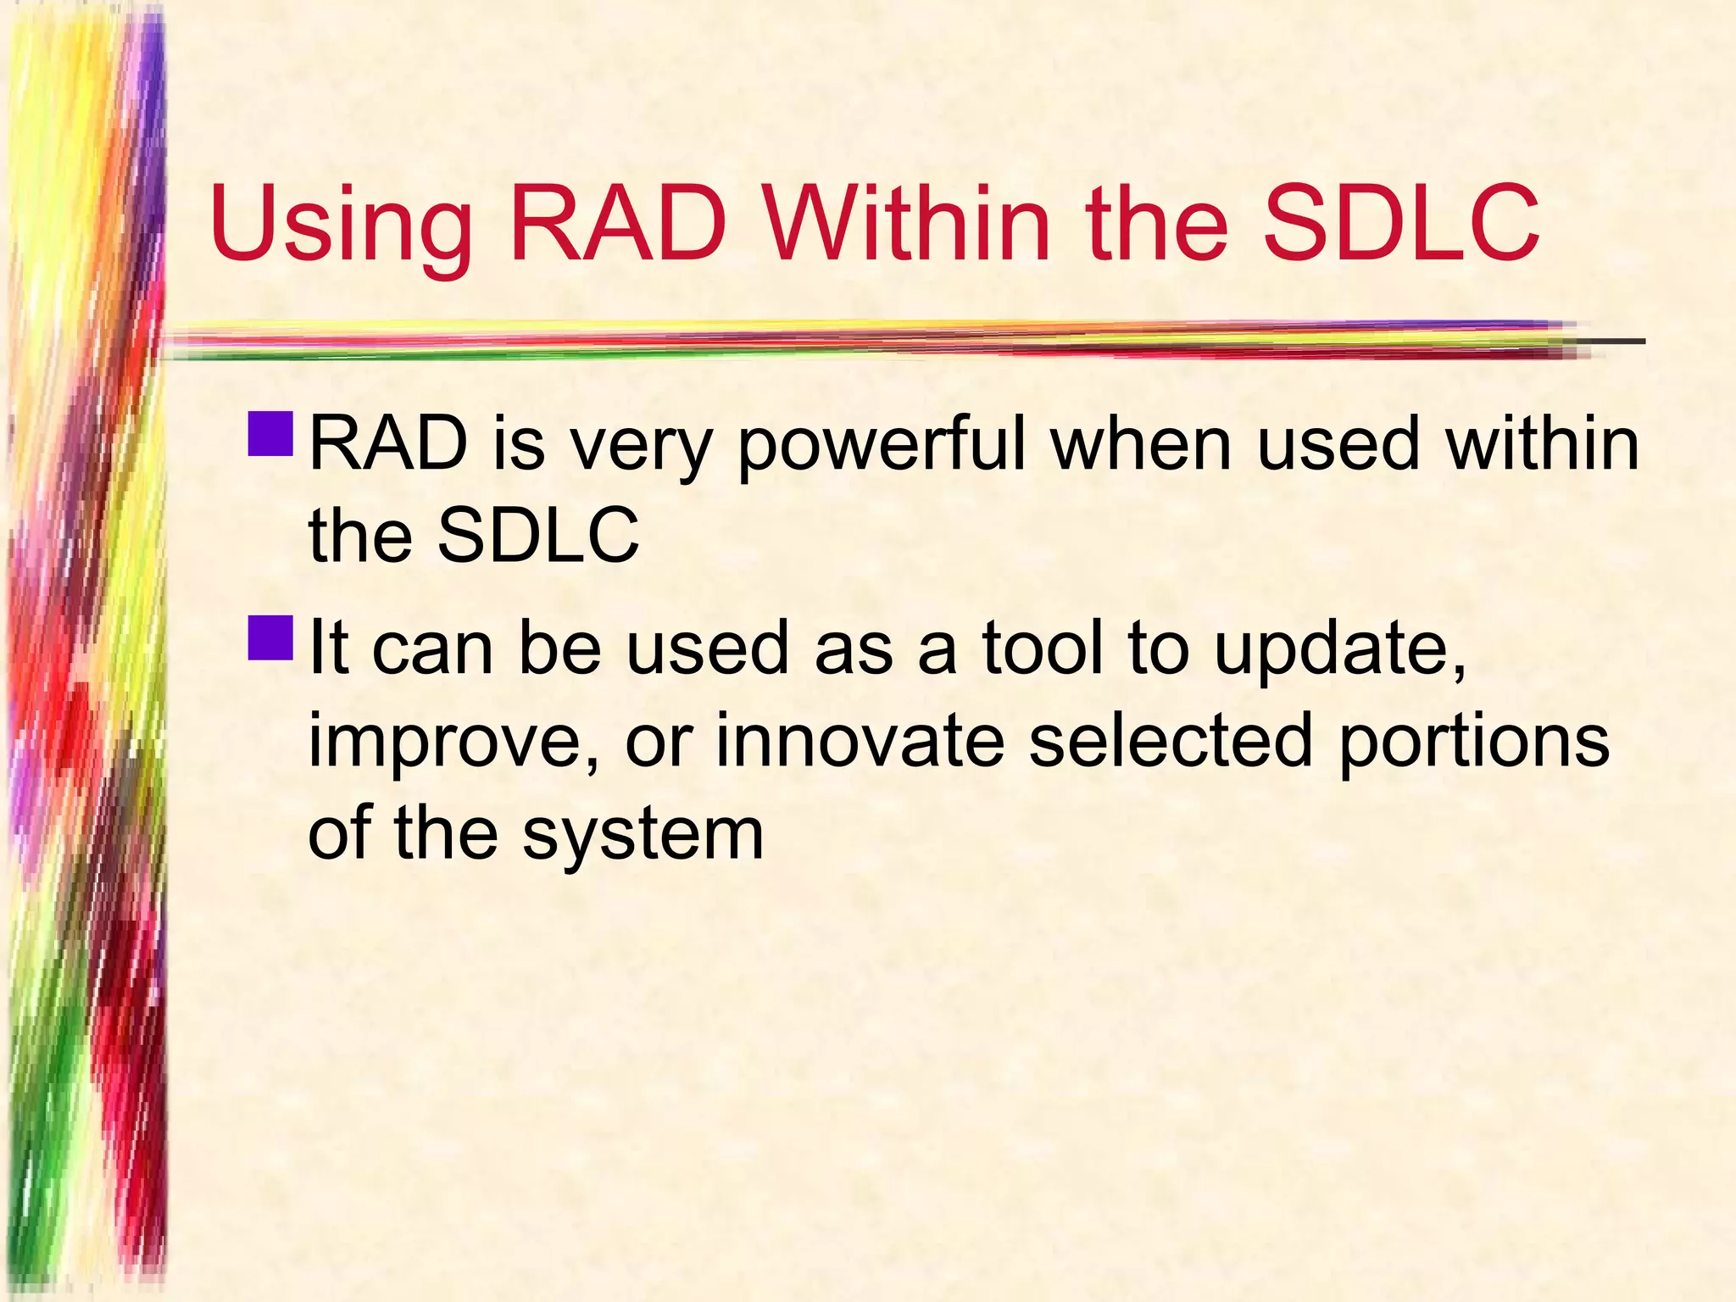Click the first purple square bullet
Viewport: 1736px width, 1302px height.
[x=271, y=433]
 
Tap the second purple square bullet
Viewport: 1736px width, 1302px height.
[x=271, y=637]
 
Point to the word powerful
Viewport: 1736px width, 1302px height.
[x=882, y=447]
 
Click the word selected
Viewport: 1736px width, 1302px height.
[x=1171, y=740]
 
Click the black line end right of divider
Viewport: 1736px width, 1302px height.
[x=1615, y=342]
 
